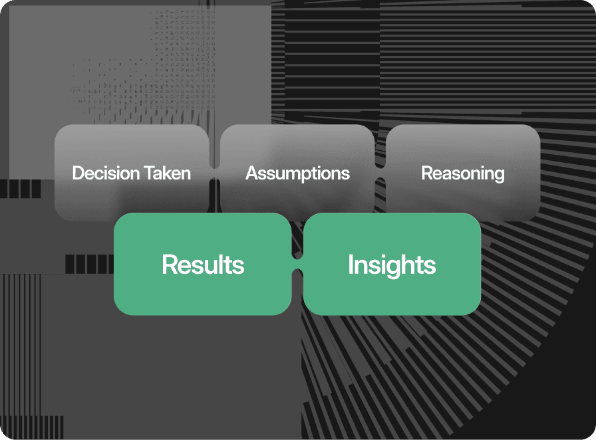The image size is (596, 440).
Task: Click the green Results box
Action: click(203, 264)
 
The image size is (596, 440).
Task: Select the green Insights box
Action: click(392, 264)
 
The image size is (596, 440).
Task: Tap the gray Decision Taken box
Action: click(132, 173)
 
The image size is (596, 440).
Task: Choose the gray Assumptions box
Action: click(297, 173)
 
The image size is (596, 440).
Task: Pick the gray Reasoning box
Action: click(463, 173)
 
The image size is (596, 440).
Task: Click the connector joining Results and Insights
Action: click(297, 264)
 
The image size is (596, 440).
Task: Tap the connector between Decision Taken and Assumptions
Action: click(215, 173)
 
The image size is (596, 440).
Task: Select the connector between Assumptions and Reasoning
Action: click(380, 173)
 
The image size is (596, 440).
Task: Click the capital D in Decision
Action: click(78, 173)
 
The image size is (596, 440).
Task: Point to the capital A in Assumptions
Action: click(252, 173)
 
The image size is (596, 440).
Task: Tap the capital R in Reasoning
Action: click(428, 173)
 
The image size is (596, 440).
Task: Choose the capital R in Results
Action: click(170, 264)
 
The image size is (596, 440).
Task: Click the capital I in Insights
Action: click(351, 264)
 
